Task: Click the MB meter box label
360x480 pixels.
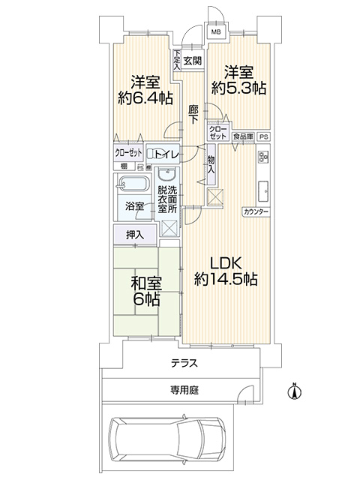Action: [x=217, y=31]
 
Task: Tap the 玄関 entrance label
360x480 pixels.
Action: [x=193, y=61]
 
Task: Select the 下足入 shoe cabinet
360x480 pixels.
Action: [x=177, y=60]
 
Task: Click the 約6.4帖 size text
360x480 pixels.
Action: [x=145, y=98]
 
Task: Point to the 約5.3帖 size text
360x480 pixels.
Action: [x=238, y=88]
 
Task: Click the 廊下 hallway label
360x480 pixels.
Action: [x=193, y=114]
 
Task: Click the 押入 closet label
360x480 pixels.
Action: [x=135, y=235]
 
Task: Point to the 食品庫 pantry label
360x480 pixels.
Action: [x=243, y=136]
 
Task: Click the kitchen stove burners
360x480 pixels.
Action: [x=263, y=157]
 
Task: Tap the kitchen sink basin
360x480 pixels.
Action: [x=263, y=191]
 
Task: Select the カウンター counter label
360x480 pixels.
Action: [x=256, y=211]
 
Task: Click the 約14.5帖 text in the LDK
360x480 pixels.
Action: [x=226, y=279]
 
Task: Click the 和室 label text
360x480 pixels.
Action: [x=146, y=283]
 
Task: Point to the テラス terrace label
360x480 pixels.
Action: [x=184, y=363]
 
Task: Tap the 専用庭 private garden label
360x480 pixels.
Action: [x=184, y=390]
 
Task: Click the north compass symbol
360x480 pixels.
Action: [x=295, y=391]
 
